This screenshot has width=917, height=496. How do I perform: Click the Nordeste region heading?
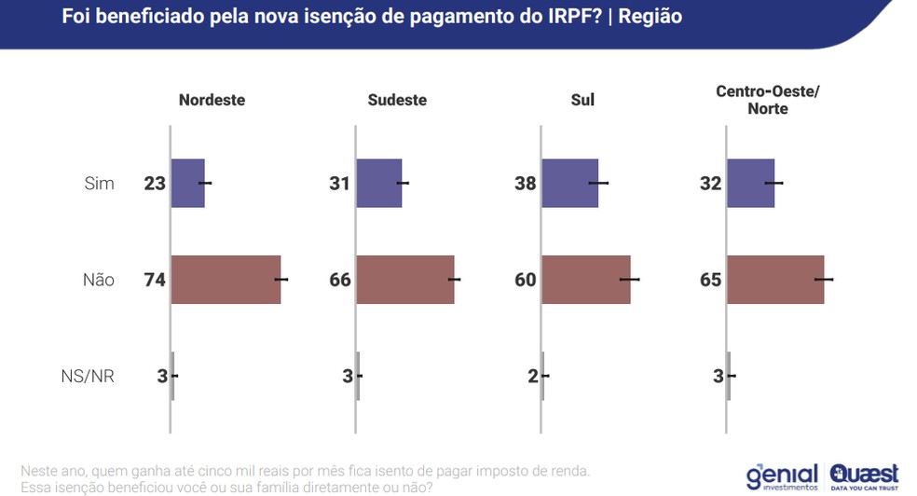(212, 100)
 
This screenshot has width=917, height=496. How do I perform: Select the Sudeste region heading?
(397, 100)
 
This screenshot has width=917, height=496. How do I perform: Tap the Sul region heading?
(582, 100)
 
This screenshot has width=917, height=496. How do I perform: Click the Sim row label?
(99, 183)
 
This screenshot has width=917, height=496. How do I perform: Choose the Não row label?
(99, 279)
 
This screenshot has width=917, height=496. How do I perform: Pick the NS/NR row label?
(88, 377)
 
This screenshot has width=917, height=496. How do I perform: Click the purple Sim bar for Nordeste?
(187, 183)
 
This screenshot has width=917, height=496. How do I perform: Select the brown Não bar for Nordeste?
(226, 279)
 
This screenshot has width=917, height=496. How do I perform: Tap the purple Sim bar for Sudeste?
(379, 183)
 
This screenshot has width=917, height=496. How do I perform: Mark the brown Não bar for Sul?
(585, 279)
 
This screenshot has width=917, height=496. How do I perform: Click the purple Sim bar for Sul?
(569, 183)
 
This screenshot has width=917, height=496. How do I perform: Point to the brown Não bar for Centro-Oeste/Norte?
(774, 279)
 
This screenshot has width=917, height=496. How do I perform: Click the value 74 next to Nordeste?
(154, 279)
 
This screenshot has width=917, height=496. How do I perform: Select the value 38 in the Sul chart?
(526, 183)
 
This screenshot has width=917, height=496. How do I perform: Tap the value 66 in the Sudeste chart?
(340, 279)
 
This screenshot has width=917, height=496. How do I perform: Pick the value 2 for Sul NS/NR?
(532, 377)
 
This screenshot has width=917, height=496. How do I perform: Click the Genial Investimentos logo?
(782, 476)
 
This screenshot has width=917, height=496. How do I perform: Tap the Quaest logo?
(864, 475)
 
